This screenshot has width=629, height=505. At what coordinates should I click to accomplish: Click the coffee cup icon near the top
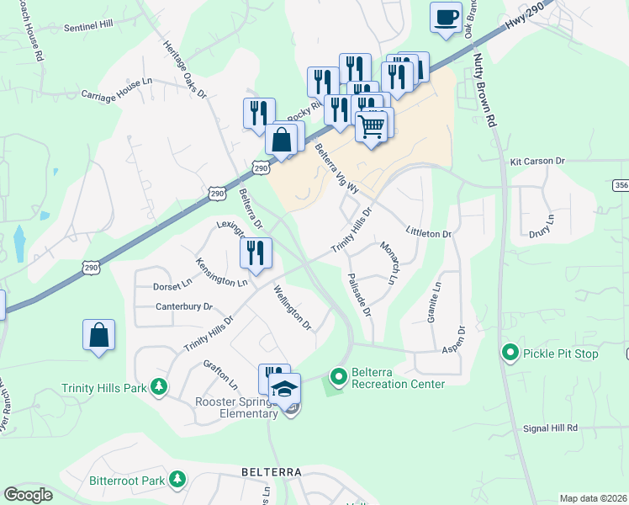446,16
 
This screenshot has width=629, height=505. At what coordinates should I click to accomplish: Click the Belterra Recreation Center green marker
338,375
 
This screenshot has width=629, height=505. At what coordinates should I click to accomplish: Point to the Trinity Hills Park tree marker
157,387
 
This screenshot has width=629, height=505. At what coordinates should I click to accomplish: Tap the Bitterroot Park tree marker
177,480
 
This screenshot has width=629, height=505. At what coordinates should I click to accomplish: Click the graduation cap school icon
284,388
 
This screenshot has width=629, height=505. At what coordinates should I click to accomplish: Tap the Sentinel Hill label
88,26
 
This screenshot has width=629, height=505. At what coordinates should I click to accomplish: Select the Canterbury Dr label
184,306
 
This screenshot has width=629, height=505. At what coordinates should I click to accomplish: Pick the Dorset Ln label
172,285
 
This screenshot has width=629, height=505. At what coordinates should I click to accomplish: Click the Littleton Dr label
429,232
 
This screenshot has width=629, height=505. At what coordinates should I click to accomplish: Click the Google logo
28,495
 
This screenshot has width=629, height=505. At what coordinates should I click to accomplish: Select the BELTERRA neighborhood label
272,472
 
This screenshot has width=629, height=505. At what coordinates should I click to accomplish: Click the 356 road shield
621,185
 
